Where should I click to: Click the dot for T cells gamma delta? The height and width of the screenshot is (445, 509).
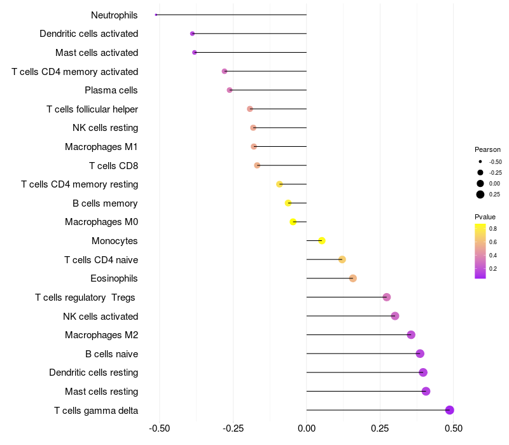pos(449,410)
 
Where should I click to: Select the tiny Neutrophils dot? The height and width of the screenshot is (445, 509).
pos(156,15)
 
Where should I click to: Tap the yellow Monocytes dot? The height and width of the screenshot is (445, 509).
pos(322,240)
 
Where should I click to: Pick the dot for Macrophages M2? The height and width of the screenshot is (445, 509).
pos(411,335)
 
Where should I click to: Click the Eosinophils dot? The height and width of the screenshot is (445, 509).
pos(353,278)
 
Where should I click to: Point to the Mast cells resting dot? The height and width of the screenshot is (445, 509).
pos(426,391)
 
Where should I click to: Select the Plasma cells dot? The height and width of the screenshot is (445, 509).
pos(230,90)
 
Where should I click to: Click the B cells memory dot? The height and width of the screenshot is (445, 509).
pos(288,203)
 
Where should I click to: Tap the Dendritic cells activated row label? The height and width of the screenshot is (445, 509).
pos(88,34)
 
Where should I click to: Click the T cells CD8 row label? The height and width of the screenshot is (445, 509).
pos(113,166)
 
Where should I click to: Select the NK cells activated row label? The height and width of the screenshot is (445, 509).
pos(101,316)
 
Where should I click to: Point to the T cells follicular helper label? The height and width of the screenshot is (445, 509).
pos(92,109)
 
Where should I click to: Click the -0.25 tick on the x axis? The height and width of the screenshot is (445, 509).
pos(233,428)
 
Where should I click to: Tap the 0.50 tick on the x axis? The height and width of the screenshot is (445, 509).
pos(454,428)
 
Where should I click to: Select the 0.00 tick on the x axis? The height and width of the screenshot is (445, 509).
pos(307,428)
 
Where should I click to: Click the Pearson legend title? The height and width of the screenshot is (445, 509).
pos(487,149)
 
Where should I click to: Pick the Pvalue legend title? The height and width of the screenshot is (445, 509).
pos(485,217)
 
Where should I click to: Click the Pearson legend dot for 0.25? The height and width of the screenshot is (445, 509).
pos(480,195)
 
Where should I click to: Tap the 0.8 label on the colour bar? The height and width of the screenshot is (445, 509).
pos(493,228)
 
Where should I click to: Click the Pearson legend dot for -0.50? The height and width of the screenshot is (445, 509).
pos(480,162)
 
